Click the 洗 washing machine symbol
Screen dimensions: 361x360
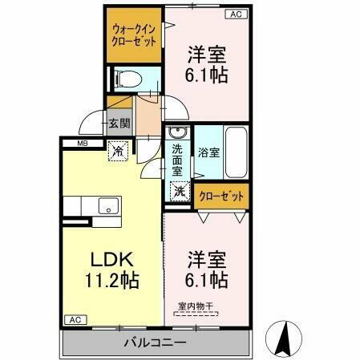coord(180,192)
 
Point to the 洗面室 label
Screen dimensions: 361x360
coord(177,159)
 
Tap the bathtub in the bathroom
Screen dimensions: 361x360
coord(236,152)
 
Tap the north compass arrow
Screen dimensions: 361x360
coord(285,336)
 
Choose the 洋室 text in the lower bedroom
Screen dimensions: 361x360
coord(207,261)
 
